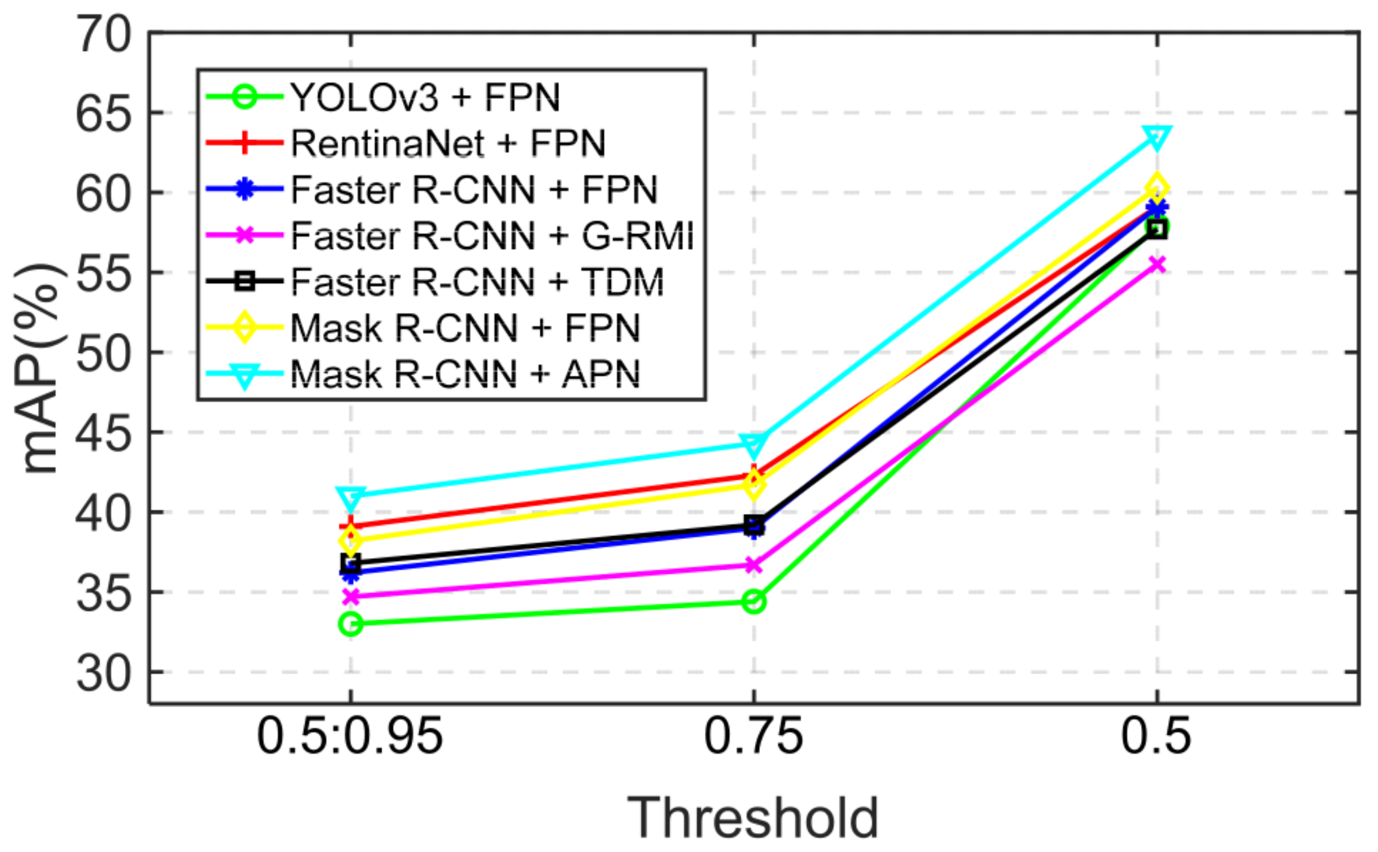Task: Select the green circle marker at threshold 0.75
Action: [754, 601]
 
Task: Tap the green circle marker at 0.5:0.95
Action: [351, 624]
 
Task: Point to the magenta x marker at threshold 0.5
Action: [1157, 264]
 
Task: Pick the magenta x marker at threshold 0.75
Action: [754, 565]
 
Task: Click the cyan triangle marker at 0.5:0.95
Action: [351, 497]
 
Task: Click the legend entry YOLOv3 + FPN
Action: [425, 98]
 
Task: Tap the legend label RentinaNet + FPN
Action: [448, 144]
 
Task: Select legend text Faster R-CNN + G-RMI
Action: [492, 236]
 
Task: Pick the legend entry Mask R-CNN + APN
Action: [465, 375]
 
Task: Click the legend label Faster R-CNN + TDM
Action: [477, 282]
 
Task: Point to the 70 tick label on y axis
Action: [103, 35]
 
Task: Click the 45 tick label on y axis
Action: [103, 433]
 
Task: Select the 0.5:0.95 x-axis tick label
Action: [350, 736]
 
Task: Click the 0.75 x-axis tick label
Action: [753, 736]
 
